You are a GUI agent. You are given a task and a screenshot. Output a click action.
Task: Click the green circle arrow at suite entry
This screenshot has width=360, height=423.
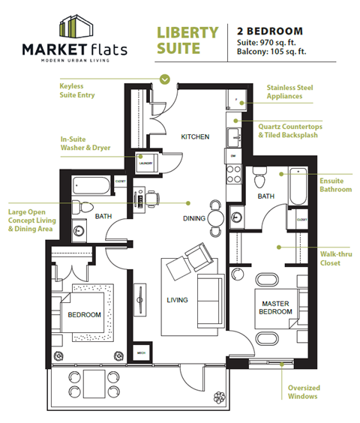[165, 78]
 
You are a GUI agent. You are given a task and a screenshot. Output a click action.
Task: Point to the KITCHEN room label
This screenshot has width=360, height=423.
[194, 136]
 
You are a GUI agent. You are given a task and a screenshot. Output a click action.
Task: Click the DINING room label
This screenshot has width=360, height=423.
[194, 219]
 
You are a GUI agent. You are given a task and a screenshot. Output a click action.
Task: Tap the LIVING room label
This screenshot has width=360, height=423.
[178, 301]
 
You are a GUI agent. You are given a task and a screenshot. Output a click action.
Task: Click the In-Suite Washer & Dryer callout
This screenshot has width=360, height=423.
[85, 143]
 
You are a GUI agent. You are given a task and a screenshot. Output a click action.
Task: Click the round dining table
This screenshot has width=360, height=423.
[216, 218]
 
